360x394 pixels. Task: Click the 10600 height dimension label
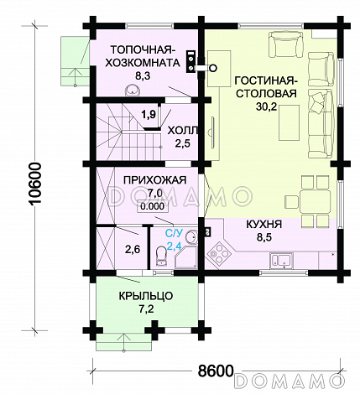pyautogui.click(x=35, y=184)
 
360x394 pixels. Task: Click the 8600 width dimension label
pyautogui.click(x=216, y=371)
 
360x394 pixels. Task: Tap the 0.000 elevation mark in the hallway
pyautogui.click(x=153, y=206)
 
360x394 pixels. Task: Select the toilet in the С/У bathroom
pyautogui.click(x=160, y=255)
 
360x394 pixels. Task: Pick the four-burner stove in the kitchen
pyautogui.click(x=219, y=253)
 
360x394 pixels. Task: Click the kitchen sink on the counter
pyautogui.click(x=281, y=260)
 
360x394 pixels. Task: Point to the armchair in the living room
pyautogui.click(x=285, y=44)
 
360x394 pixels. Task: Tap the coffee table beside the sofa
pyautogui.click(x=289, y=122)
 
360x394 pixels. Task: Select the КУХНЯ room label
pyautogui.click(x=263, y=224)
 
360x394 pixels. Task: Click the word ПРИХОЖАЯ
pyautogui.click(x=154, y=180)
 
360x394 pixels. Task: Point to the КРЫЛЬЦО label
pyautogui.click(x=146, y=296)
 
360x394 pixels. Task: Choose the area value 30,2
pyautogui.click(x=266, y=106)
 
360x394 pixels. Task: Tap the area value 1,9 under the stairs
pyautogui.click(x=149, y=114)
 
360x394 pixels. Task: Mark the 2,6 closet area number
pyautogui.click(x=133, y=249)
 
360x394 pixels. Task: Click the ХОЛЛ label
pyautogui.click(x=183, y=131)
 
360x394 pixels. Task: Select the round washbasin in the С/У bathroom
pyautogui.click(x=192, y=237)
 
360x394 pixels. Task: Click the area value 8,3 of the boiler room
pyautogui.click(x=143, y=75)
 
